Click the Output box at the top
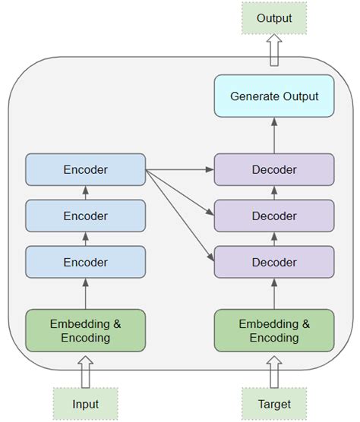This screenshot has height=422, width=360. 274,17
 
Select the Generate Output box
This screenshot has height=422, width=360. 274,96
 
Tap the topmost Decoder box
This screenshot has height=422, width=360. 274,169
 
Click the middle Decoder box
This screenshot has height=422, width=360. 274,216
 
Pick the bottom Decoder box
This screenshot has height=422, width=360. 274,262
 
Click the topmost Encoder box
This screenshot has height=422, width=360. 85,169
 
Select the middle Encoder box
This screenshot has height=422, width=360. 85,216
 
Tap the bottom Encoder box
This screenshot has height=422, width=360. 85,262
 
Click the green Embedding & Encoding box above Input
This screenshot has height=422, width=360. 85,330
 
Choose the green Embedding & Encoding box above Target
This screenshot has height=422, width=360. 274,330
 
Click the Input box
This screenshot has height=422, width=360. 85,403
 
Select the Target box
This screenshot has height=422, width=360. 274,403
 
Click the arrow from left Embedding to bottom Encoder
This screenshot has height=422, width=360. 85,293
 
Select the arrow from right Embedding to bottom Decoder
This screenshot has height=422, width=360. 274,293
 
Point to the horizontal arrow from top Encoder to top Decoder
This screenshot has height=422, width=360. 179,169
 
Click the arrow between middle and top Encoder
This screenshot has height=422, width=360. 85,193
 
